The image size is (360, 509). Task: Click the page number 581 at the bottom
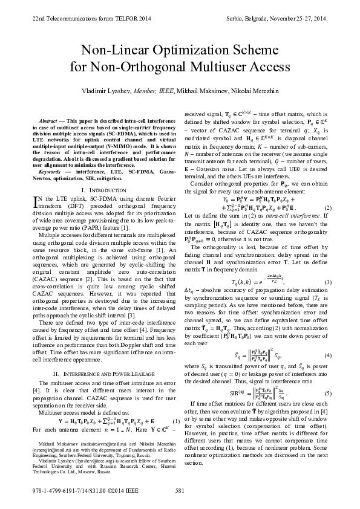click(x=180, y=491)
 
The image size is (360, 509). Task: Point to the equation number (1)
click(x=175, y=404)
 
